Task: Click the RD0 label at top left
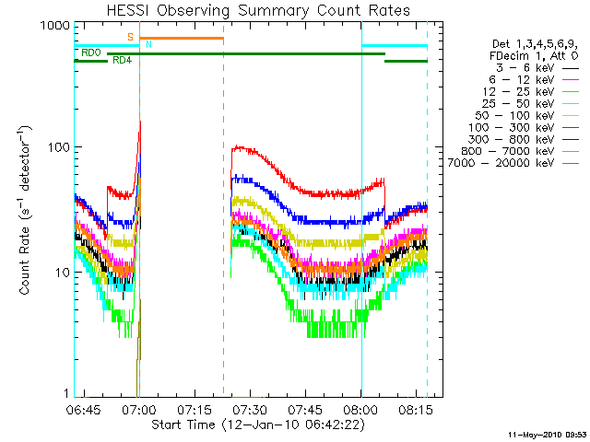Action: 91,53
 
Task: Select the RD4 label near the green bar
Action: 121,61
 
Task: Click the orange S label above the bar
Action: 131,37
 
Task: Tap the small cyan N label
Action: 149,45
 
